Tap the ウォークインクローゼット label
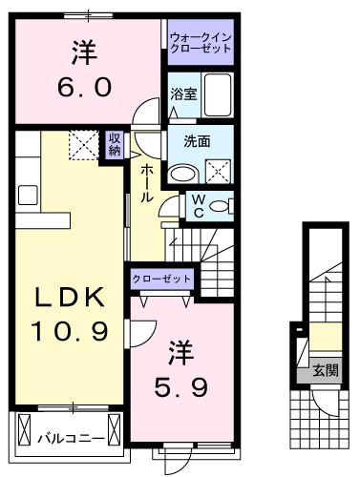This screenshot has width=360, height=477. (200, 42)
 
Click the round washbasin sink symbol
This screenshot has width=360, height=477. (181, 174)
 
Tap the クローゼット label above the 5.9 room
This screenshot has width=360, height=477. (162, 279)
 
